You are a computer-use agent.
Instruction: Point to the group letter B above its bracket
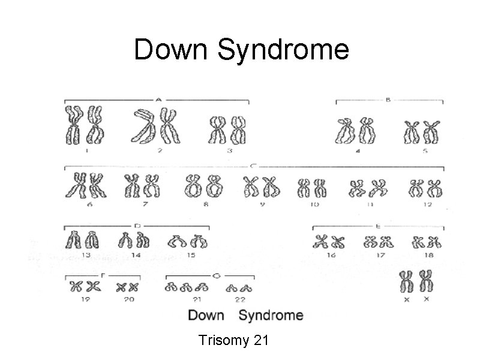388,100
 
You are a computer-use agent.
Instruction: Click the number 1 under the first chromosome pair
87,151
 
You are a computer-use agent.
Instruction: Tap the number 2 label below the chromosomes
159,151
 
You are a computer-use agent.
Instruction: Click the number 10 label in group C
314,204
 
